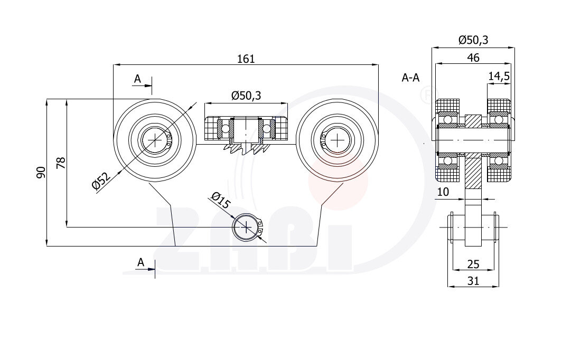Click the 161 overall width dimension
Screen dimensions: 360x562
(x=246, y=59)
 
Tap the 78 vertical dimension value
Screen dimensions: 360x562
(x=61, y=163)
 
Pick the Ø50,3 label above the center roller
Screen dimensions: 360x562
(x=246, y=96)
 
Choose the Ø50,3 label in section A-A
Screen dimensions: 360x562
(x=473, y=40)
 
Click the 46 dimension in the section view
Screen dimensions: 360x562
(x=473, y=58)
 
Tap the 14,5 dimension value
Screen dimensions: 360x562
(x=499, y=76)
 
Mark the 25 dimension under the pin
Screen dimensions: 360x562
(x=473, y=264)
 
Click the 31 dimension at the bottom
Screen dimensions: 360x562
(x=473, y=281)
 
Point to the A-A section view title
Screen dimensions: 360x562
(x=410, y=78)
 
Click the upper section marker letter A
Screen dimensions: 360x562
(x=137, y=79)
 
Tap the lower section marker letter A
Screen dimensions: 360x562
(x=140, y=262)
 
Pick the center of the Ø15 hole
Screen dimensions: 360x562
(x=247, y=227)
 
